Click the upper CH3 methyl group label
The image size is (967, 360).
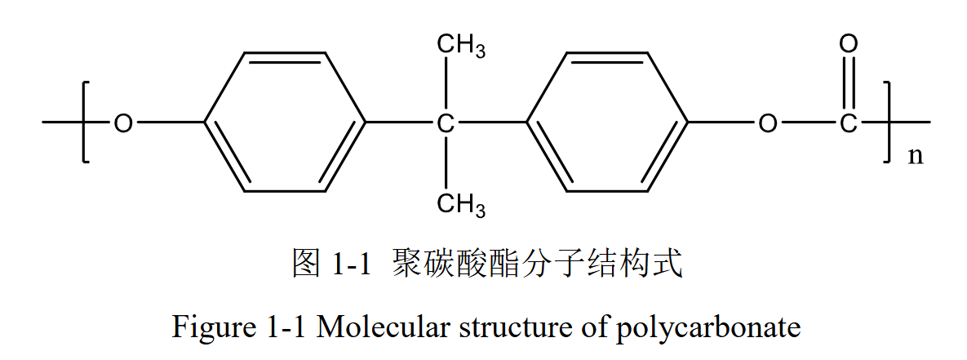461,46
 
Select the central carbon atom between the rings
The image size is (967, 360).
446,124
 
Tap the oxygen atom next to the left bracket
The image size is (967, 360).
122,124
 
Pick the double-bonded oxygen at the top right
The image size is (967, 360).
849,44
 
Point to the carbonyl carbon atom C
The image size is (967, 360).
849,124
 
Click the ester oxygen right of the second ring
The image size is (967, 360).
767,124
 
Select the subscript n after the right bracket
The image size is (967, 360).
916,156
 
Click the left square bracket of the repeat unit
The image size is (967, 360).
86,122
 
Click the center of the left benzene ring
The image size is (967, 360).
285,123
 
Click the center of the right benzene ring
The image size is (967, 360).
608,123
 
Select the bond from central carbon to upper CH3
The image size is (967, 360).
446,86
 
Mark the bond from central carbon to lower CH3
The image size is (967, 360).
446,163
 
